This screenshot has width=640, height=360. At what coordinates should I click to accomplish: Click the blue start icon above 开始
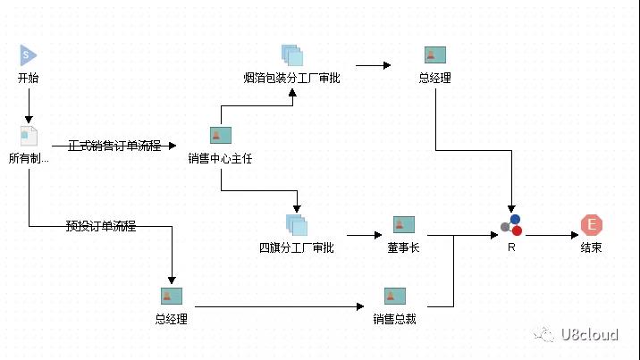pos(29,55)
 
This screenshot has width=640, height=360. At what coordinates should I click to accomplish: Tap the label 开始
pos(29,78)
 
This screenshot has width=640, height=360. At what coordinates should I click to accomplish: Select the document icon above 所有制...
pos(29,137)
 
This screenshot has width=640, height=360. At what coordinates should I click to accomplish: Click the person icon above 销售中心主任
pos(221,135)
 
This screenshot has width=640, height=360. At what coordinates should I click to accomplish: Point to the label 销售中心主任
pos(221,159)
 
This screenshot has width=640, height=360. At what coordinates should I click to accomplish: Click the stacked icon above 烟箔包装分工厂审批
pos(292,55)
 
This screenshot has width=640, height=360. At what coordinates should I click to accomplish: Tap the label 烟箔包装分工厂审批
pos(292,78)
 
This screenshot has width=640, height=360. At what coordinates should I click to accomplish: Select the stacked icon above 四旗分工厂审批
pos(296,224)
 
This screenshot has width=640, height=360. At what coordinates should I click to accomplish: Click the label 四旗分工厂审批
pos(296,247)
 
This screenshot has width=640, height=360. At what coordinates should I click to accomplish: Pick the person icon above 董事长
pos(404,224)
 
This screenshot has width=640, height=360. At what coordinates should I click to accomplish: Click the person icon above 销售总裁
pos(395,296)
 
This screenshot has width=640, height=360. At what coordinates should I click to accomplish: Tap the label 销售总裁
pos(395,319)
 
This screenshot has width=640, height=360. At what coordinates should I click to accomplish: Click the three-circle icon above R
pos(511,225)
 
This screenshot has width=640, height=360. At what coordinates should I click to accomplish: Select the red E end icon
pos(591,225)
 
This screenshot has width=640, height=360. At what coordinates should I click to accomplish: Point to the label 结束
pos(591,247)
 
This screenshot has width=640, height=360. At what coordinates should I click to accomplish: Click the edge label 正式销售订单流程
pos(114,145)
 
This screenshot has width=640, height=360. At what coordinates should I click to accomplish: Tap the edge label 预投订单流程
pos(101,225)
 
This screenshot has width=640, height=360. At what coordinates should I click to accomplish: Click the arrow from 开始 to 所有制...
pos(29,105)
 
